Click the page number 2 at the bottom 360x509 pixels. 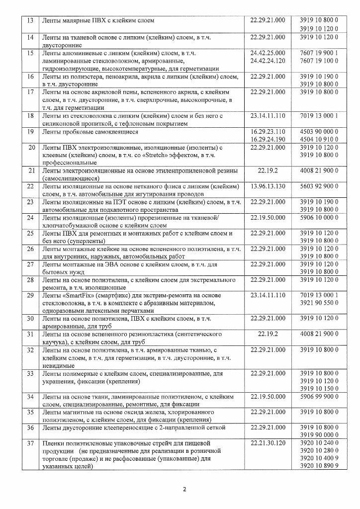pyautogui.click(x=184, y=489)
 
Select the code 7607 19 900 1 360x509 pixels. pyautogui.click(x=319, y=53)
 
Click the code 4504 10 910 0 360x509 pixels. pyautogui.click(x=319, y=140)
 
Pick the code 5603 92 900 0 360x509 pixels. pyautogui.click(x=319, y=186)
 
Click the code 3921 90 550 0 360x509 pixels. pyautogui.click(x=319, y=303)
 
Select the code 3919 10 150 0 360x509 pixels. pyautogui.click(x=319, y=388)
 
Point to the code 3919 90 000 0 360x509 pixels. pyautogui.click(x=319, y=435)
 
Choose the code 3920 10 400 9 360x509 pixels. pyautogui.click(x=319, y=458)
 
